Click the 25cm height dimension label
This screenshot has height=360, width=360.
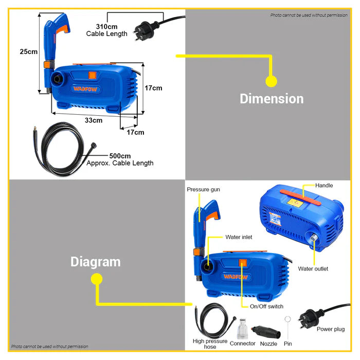tap(28, 51)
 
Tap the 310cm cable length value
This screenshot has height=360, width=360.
tap(106, 27)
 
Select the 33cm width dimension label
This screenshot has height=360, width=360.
tap(94, 120)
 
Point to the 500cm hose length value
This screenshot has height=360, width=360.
tap(120, 156)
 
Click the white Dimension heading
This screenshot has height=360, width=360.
tap(272, 99)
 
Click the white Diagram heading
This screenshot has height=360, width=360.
tap(96, 262)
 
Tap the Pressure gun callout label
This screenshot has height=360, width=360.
tap(203, 189)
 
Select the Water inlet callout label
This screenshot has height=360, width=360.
tap(239, 237)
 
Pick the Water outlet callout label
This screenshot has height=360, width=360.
tap(313, 268)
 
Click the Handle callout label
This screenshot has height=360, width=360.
tap(323, 185)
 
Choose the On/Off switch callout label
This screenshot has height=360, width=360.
tap(266, 307)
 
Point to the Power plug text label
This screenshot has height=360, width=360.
tap(331, 329)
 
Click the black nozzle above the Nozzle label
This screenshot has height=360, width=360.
tap(266, 331)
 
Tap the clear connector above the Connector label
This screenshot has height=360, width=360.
tap(242, 329)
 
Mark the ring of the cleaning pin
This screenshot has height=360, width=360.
tap(287, 319)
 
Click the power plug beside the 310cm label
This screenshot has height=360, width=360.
tap(146, 30)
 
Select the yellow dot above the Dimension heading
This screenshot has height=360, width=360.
tap(271, 81)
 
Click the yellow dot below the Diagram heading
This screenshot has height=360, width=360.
tap(97, 279)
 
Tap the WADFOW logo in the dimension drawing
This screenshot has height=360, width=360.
tap(85, 89)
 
